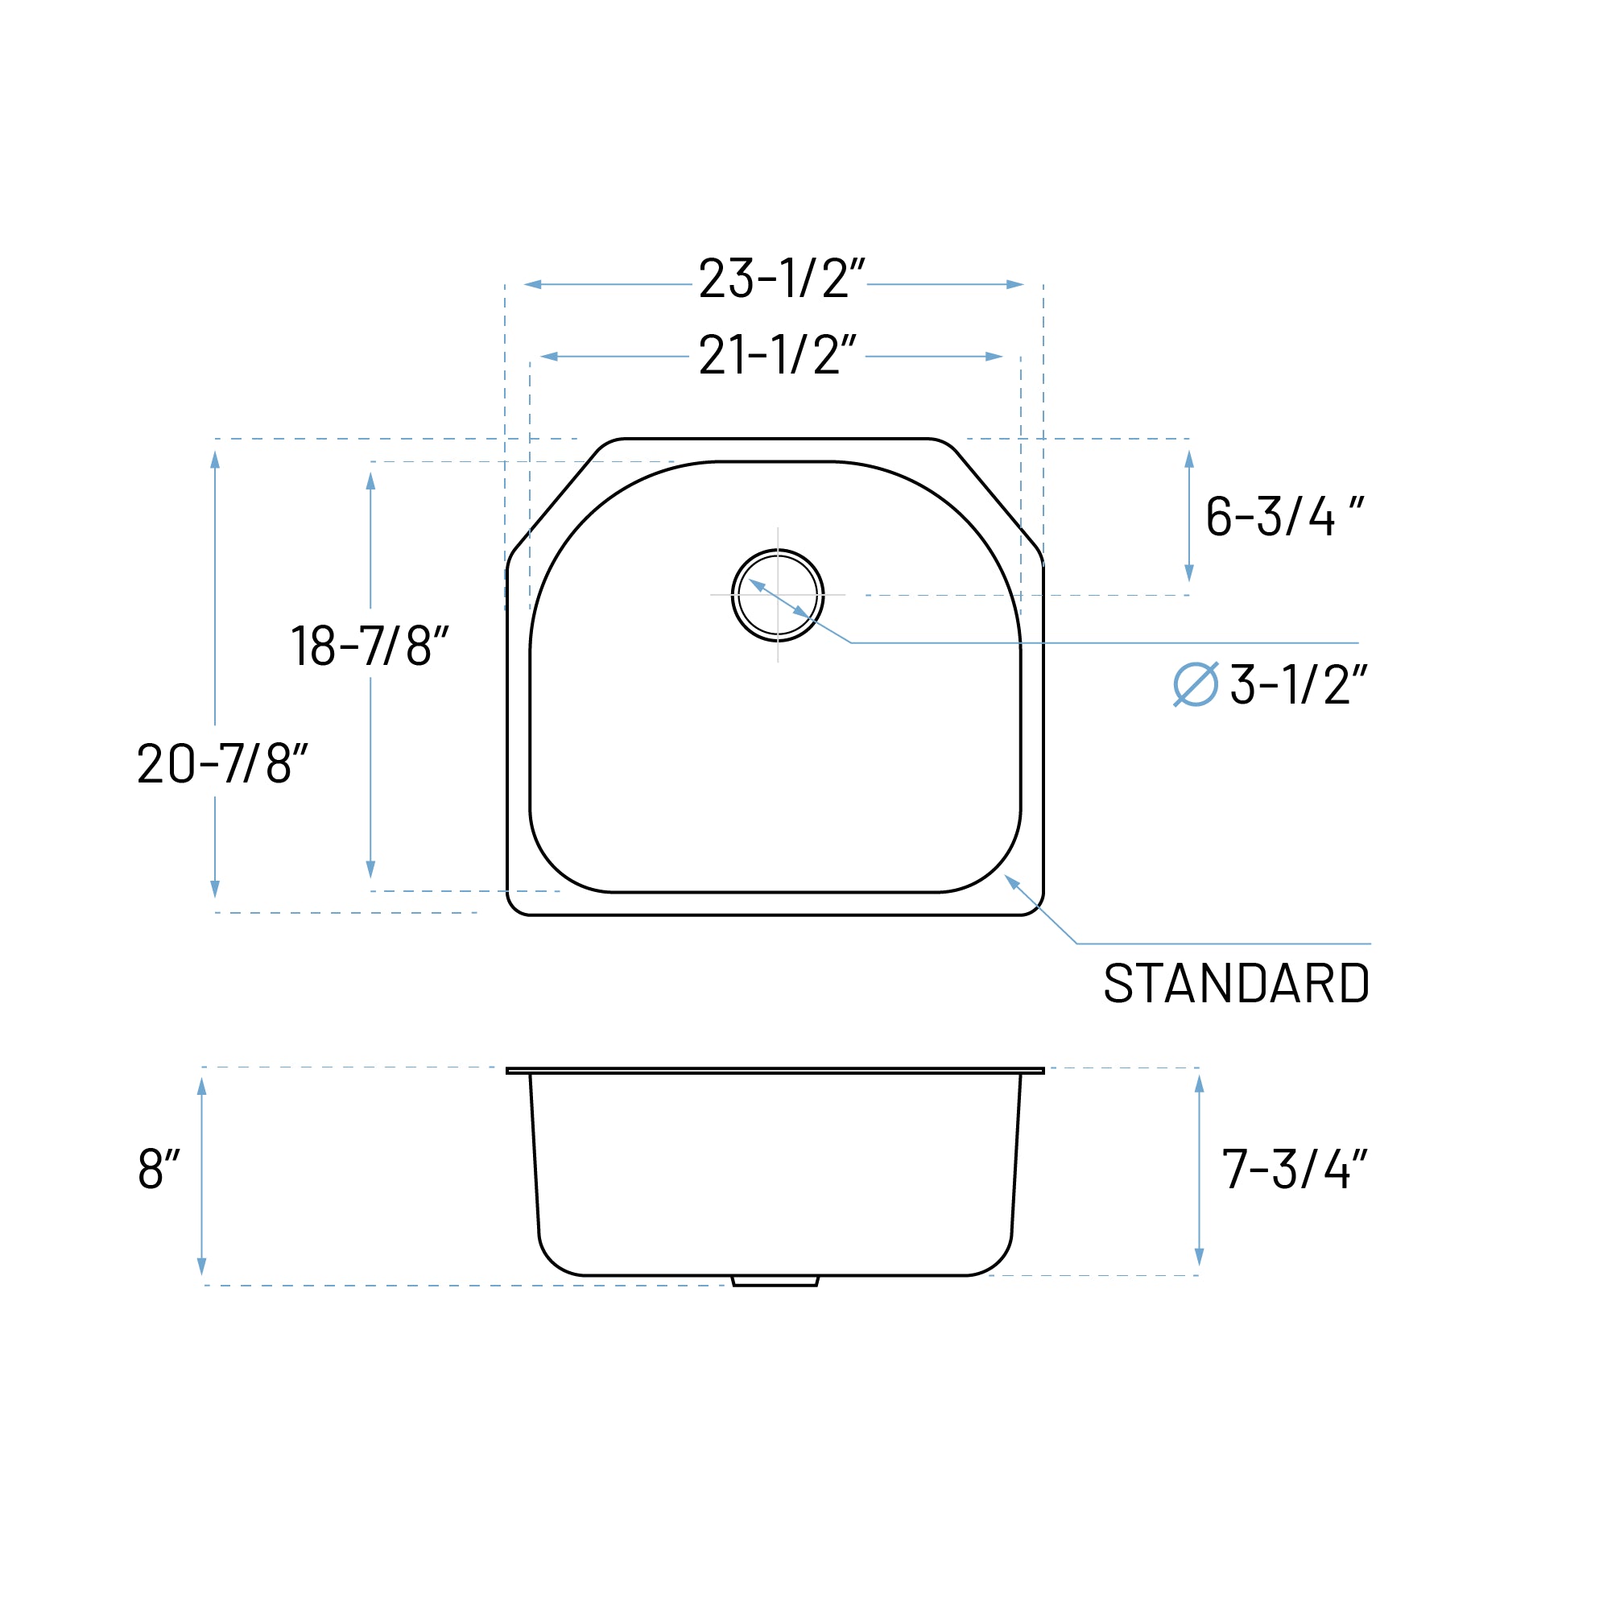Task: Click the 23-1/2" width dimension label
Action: click(781, 278)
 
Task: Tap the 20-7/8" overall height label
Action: click(223, 762)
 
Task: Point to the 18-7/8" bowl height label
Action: click(369, 645)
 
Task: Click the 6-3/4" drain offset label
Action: click(1284, 515)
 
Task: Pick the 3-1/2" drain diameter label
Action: click(1298, 684)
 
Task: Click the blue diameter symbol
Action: click(1196, 684)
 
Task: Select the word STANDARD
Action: click(1237, 983)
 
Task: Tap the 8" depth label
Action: click(159, 1168)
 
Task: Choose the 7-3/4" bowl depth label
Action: click(1295, 1168)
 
